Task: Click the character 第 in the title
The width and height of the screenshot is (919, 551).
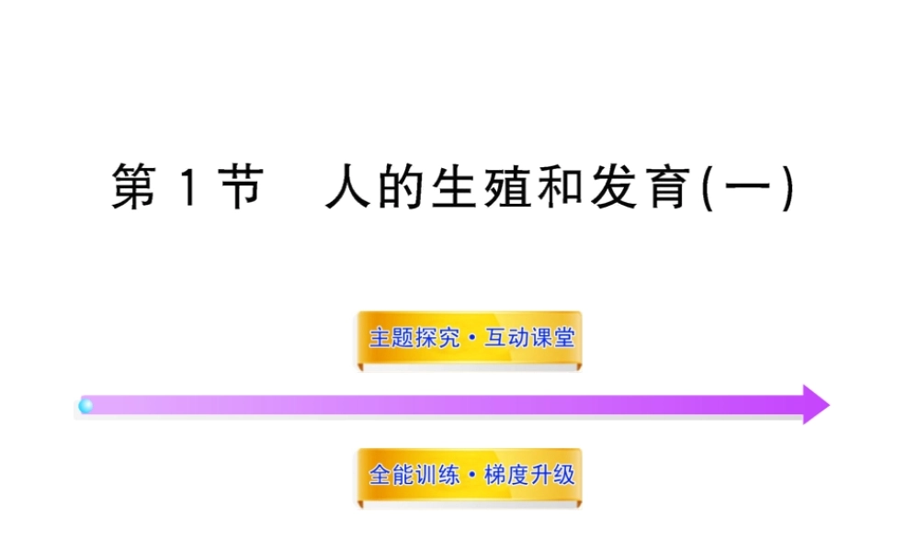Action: pyautogui.click(x=134, y=187)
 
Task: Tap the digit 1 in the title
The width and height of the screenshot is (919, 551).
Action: pyautogui.click(x=187, y=188)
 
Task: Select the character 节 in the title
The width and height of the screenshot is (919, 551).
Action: pyautogui.click(x=242, y=187)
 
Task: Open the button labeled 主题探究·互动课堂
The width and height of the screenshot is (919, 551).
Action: pyautogui.click(x=470, y=338)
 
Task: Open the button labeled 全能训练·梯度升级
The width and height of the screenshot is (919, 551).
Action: pyautogui.click(x=470, y=475)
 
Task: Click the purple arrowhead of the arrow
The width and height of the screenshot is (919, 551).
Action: pyautogui.click(x=814, y=404)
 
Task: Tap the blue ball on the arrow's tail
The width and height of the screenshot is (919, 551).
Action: pyautogui.click(x=86, y=405)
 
